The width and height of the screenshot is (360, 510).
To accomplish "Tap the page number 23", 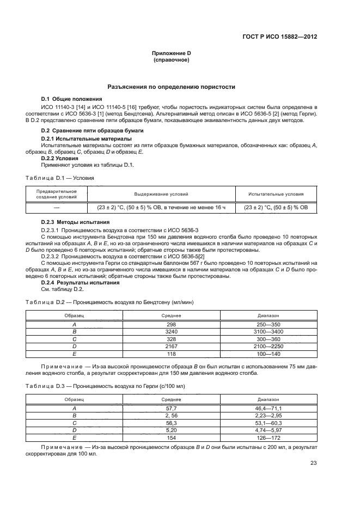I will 314,463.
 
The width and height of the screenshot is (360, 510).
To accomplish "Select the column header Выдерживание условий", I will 161,194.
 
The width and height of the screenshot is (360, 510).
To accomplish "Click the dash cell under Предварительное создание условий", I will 56,208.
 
